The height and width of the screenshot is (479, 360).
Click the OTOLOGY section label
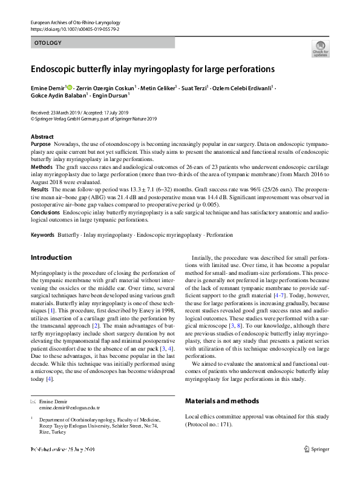[47, 44]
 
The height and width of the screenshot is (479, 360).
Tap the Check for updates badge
[320, 48]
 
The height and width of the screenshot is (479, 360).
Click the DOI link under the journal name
[70, 28]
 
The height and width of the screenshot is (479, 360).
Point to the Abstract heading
[42, 137]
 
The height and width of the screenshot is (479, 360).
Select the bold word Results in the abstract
[40, 190]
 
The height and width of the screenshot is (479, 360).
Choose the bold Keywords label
[42, 234]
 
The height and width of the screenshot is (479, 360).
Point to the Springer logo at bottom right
[316, 449]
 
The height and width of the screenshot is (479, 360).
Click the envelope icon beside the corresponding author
[33, 402]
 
